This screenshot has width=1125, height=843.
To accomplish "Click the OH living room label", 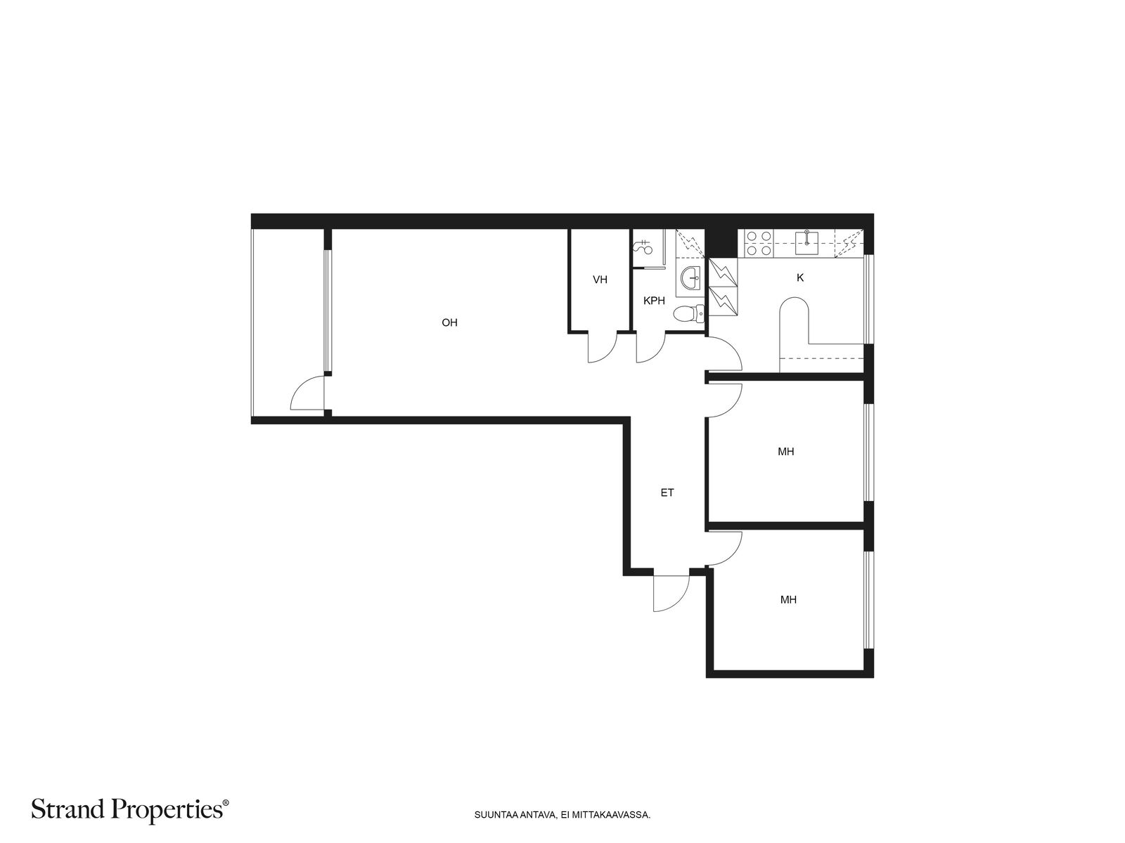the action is [x=449, y=322].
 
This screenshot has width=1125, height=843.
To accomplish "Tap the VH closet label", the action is [x=600, y=280].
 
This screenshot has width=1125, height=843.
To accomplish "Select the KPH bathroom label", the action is [x=654, y=301].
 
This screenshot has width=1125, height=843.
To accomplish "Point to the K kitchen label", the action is [x=800, y=278].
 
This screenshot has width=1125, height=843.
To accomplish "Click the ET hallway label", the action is [x=667, y=493].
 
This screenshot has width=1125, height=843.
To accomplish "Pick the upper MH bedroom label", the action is [x=785, y=452].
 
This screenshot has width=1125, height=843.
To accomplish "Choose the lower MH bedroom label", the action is [x=788, y=599].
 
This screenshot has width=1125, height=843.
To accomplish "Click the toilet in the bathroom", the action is [x=689, y=314].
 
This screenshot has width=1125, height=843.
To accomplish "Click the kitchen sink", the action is [x=806, y=242].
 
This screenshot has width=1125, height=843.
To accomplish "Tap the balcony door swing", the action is [x=307, y=393].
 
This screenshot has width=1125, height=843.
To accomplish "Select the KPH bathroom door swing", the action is [x=650, y=348].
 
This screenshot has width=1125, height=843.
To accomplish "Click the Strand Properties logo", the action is [x=129, y=809].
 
